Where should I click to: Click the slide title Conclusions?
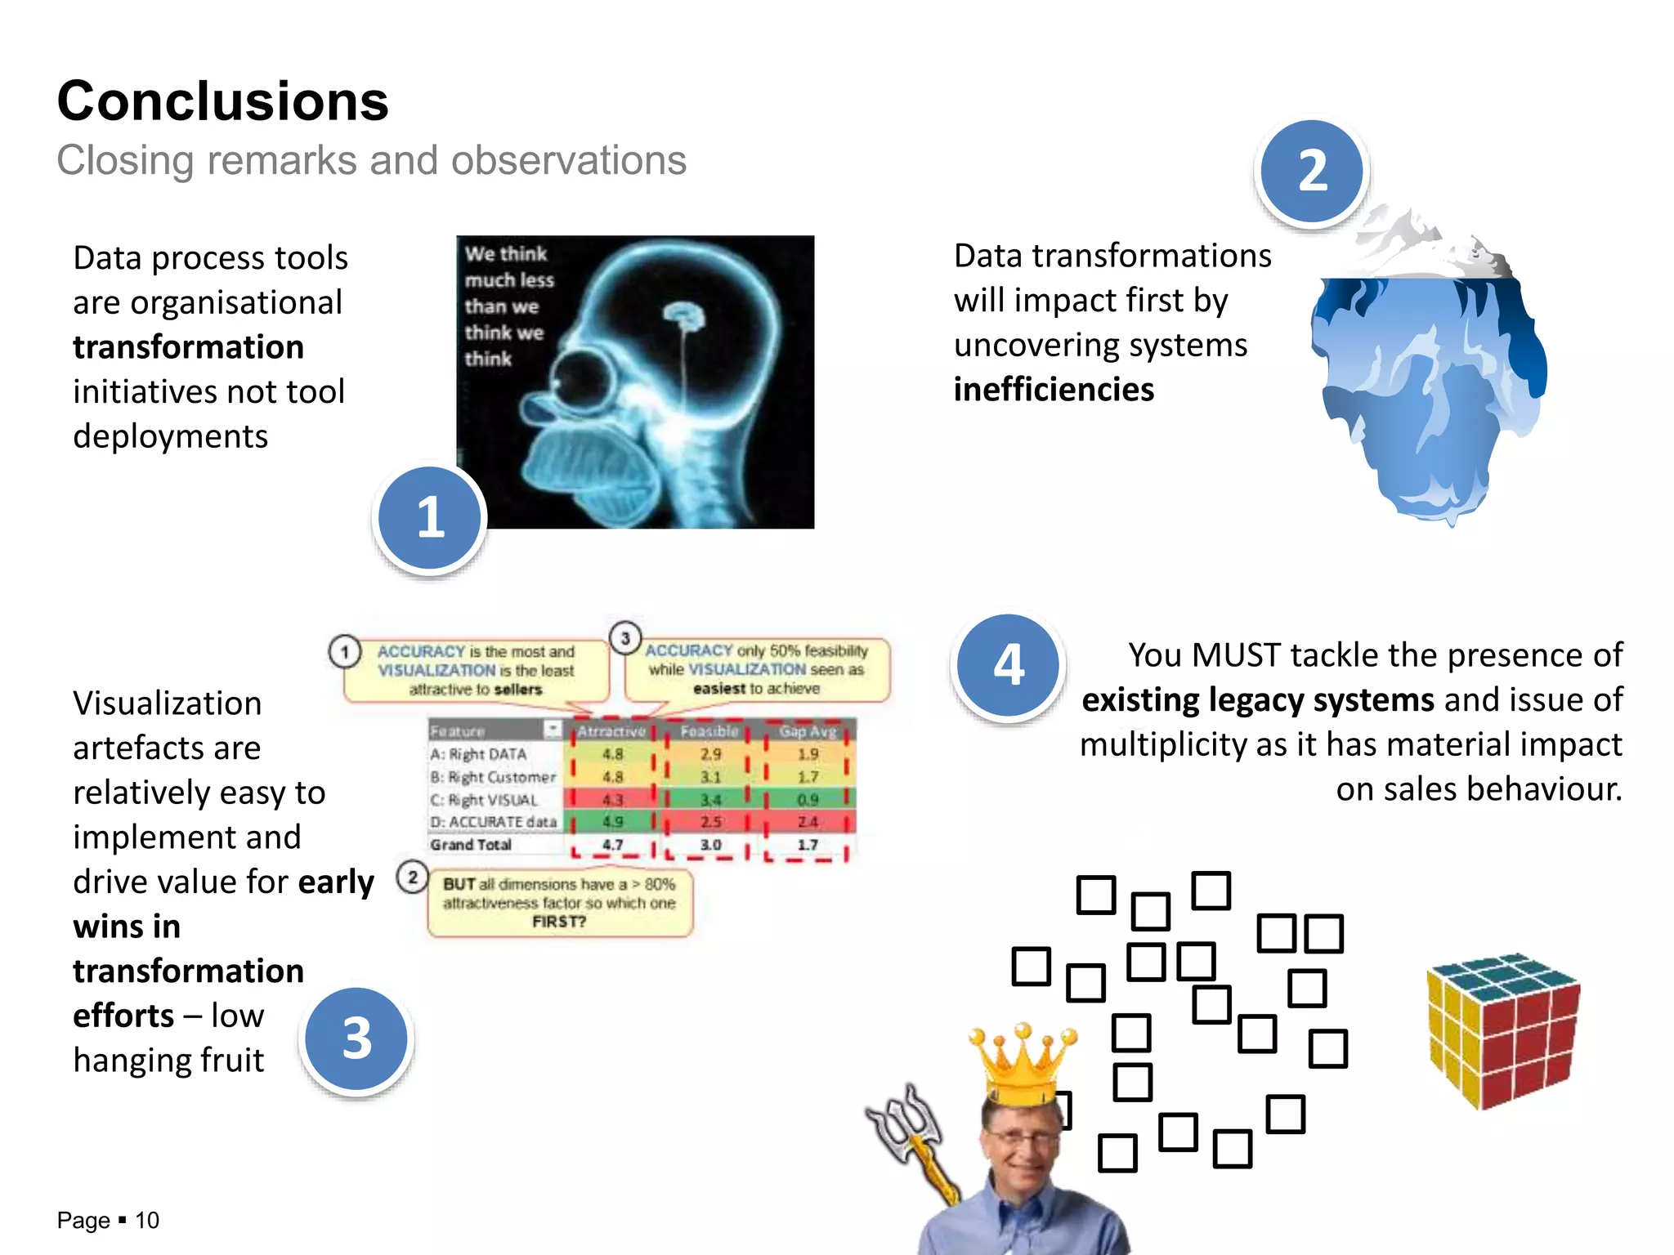(222, 101)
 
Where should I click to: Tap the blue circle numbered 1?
(430, 518)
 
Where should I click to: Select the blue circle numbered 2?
(1312, 172)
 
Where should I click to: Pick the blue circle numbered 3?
(356, 1039)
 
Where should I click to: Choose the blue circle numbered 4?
(1009, 665)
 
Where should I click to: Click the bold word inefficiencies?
(1054, 390)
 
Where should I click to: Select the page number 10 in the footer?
(147, 1221)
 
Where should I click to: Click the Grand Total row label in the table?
(471, 845)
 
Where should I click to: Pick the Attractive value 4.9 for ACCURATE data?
(612, 822)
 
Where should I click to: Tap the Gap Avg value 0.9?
(808, 800)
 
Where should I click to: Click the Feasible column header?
(709, 731)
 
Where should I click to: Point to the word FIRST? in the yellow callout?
(559, 922)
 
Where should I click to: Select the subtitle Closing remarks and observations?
(371, 160)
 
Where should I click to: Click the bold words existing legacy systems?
(1258, 700)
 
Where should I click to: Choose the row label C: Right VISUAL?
(485, 800)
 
